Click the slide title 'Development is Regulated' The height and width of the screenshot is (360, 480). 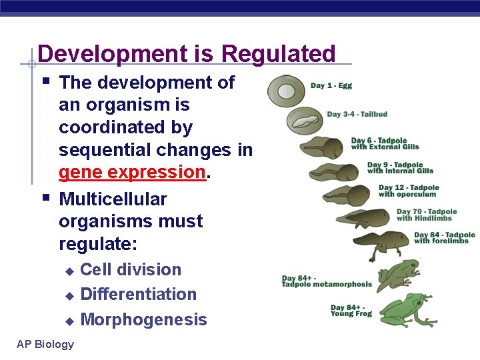pos(187,53)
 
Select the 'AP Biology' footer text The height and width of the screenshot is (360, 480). pos(45,344)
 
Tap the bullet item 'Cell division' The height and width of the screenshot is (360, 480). pos(131,269)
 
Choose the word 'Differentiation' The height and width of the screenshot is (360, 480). pos(138,294)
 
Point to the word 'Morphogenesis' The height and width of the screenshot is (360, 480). pos(143,319)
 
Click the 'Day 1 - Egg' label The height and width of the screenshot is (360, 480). pos(331,85)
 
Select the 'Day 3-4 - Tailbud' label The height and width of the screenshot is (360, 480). pos(358,114)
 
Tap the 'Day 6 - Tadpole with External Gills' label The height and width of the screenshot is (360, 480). pos(385,144)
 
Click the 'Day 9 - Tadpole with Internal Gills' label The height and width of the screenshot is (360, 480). pos(400,168)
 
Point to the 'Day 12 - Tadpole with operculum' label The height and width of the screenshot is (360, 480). pos(407,191)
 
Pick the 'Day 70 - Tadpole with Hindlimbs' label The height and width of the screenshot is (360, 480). pos(427,215)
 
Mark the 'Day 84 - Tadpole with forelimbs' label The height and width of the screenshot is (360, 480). pos(444,238)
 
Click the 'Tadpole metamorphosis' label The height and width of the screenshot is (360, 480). pos(327,281)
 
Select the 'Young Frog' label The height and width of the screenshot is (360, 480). pos(351,311)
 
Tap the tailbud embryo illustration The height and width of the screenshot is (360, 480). pos(306,121)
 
